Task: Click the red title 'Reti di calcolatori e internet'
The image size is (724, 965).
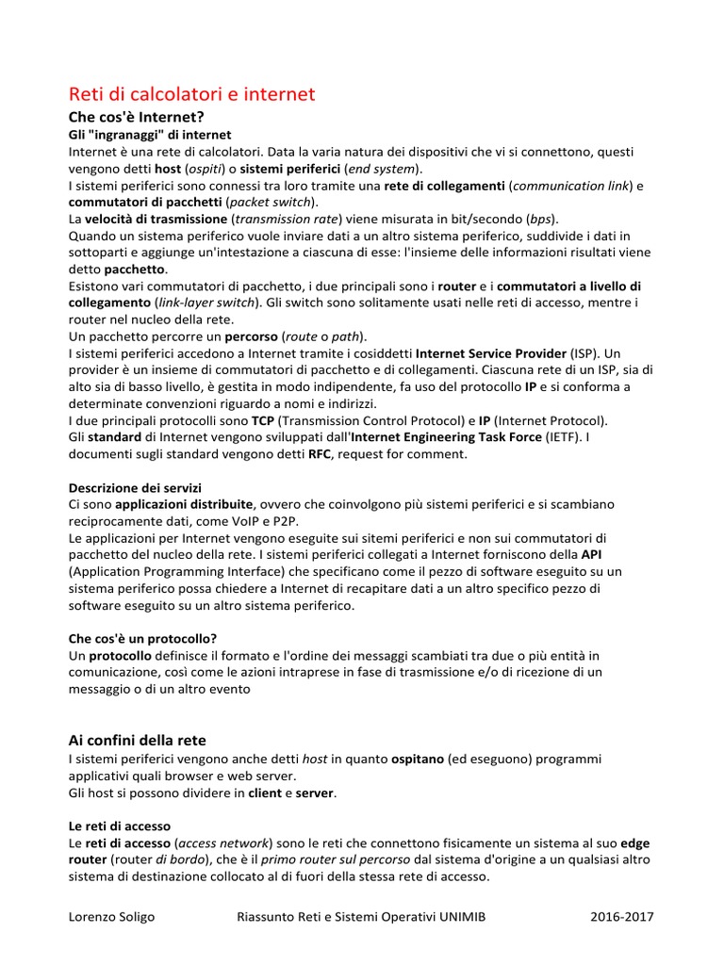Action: pyautogui.click(x=192, y=94)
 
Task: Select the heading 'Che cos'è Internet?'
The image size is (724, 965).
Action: pyautogui.click(x=137, y=118)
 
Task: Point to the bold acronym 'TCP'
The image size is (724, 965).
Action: pyautogui.click(x=263, y=420)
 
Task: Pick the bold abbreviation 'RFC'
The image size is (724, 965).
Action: pyautogui.click(x=320, y=454)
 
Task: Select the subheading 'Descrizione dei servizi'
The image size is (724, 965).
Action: pyautogui.click(x=135, y=488)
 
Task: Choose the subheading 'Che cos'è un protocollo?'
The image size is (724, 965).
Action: pyautogui.click(x=143, y=638)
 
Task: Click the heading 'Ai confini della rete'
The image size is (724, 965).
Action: pyautogui.click(x=138, y=740)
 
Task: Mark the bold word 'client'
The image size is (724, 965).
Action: pyautogui.click(x=265, y=793)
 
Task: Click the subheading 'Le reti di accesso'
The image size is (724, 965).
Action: pyautogui.click(x=120, y=826)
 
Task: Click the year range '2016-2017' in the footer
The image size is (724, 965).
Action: pyautogui.click(x=622, y=917)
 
